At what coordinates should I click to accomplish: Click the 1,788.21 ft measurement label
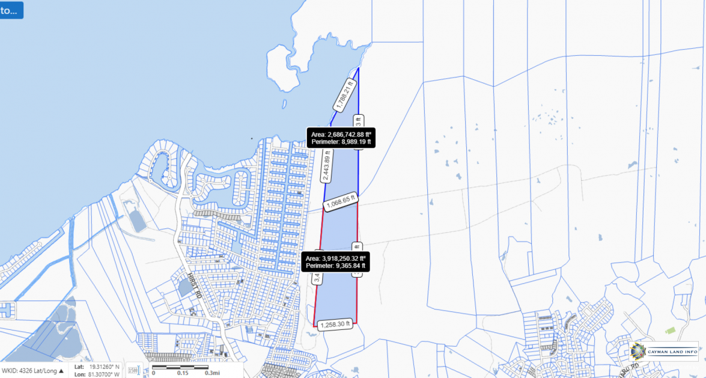pos(345,95)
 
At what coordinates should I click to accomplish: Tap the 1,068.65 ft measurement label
pos(341,203)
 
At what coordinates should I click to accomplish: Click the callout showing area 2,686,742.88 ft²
pos(341,138)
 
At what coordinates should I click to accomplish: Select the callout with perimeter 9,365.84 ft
pos(335,261)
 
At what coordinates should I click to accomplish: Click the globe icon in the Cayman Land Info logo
pos(638,351)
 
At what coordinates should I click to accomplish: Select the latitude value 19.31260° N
pos(104,366)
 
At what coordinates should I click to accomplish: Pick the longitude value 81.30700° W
pos(104,373)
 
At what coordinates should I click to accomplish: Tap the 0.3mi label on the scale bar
pos(211,373)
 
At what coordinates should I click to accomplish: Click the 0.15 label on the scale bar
pos(182,373)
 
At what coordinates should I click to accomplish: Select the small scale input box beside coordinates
pos(133,370)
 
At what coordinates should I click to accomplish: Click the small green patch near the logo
pos(670,331)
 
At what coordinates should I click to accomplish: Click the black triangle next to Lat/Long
pos(61,371)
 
